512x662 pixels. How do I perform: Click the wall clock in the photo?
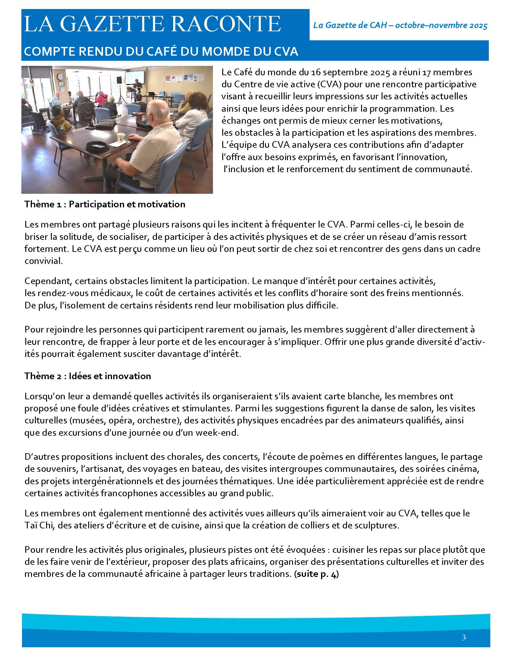61,77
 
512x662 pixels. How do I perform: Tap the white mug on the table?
123,137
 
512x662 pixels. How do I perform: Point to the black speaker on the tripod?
119,80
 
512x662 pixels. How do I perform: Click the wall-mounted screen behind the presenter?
135,78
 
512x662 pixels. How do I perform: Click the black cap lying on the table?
97,147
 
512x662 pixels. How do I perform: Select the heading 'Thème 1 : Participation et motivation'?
105,204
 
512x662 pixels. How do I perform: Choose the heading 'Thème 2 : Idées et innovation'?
88,376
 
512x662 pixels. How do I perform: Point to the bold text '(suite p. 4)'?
316,574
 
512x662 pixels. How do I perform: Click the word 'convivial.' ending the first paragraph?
44,261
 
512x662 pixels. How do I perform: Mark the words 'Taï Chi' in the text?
39,525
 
